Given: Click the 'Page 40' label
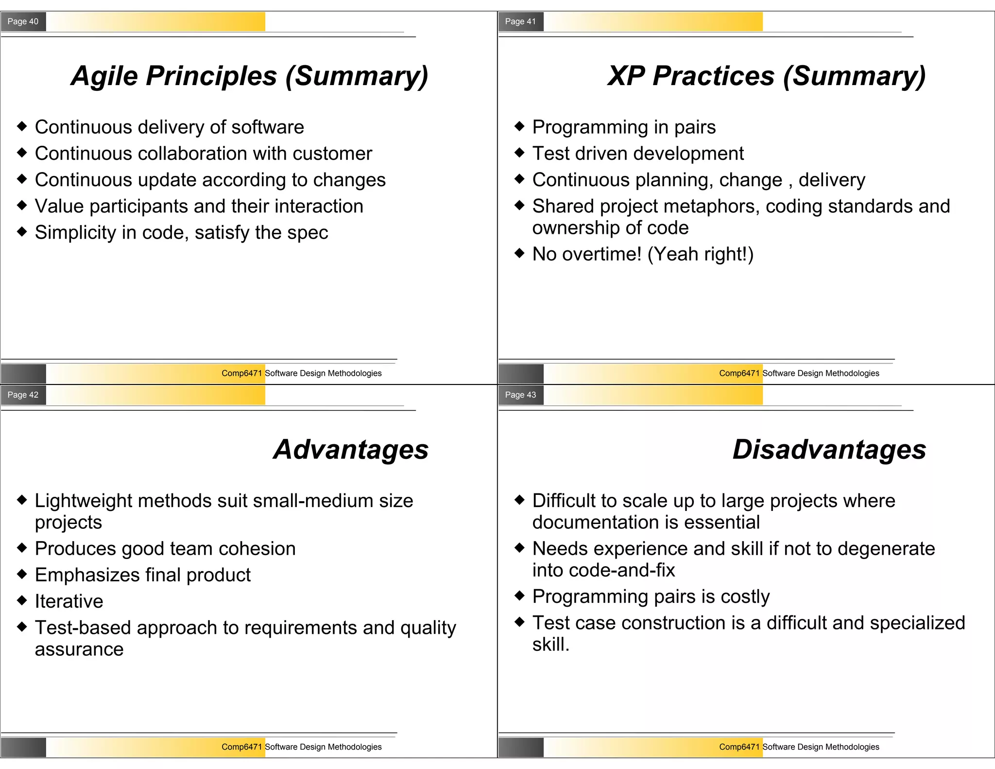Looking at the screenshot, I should [x=23, y=21].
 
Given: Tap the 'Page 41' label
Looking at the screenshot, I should [x=520, y=21].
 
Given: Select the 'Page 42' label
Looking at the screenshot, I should [x=23, y=395].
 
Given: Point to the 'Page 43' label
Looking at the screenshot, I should [x=520, y=395].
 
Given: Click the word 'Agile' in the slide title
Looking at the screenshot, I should [x=104, y=76].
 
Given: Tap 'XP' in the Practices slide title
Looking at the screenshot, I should [x=626, y=76].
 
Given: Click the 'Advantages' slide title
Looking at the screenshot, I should [x=351, y=450].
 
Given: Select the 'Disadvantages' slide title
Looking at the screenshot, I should [x=829, y=450].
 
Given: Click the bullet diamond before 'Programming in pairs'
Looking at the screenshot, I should [x=519, y=126].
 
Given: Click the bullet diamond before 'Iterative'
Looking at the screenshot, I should [x=22, y=600].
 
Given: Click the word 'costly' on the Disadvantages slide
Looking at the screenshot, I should [x=745, y=597].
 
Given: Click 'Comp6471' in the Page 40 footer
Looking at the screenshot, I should [x=241, y=373].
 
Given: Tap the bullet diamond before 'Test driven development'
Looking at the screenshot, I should [x=519, y=153].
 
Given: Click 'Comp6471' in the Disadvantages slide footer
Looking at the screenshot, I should [x=739, y=747].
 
